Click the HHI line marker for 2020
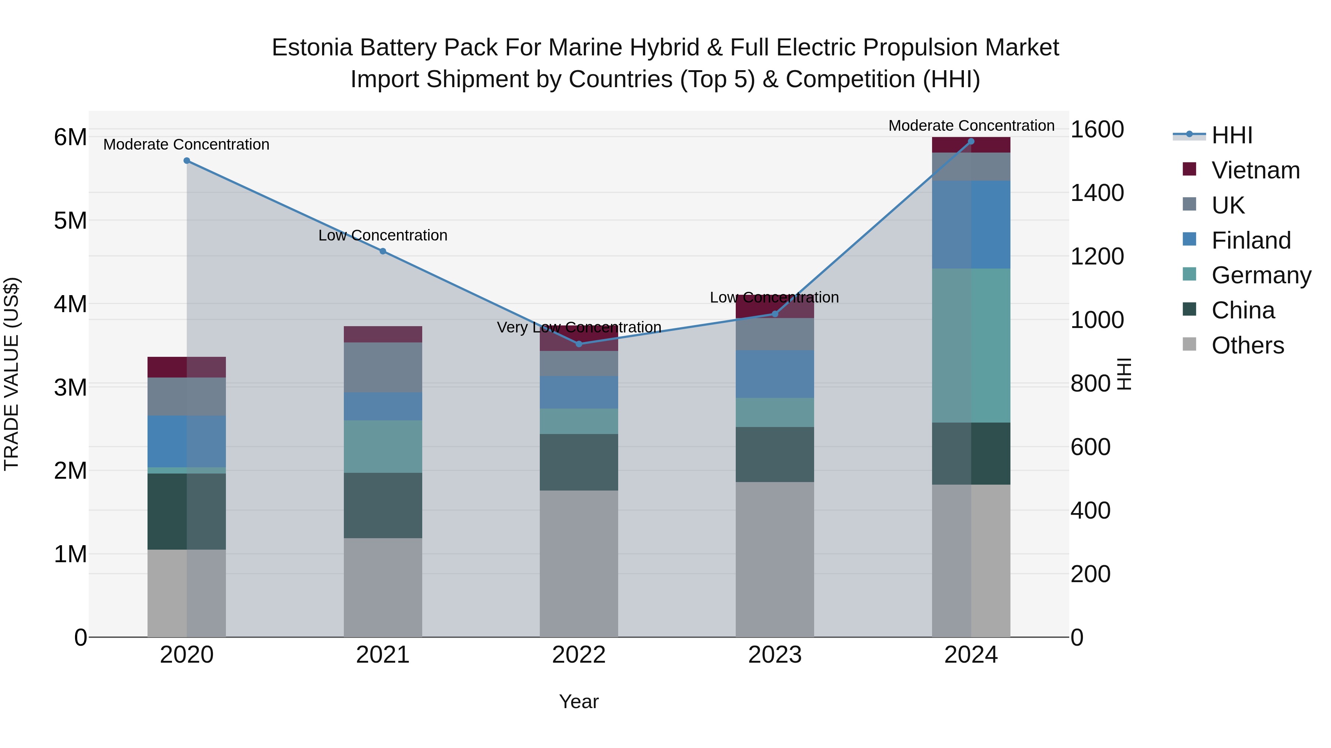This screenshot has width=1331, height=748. click(x=187, y=161)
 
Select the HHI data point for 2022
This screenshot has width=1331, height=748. click(x=579, y=344)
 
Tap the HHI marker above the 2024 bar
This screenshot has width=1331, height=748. click(x=971, y=141)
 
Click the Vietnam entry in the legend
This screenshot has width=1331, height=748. click(x=1255, y=170)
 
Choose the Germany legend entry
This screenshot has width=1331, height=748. click(x=1261, y=275)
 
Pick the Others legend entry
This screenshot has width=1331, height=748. click(x=1247, y=345)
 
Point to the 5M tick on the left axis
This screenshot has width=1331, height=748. click(x=70, y=221)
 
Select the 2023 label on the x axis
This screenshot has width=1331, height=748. click(x=775, y=655)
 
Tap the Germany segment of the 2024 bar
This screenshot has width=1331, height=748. click(x=971, y=345)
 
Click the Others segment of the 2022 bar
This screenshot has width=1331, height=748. click(x=579, y=563)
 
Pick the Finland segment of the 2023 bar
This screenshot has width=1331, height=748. click(x=775, y=374)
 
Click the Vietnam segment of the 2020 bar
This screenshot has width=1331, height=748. click(x=187, y=367)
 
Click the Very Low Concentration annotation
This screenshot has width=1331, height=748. click(x=579, y=327)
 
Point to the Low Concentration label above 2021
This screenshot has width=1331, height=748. click(x=383, y=235)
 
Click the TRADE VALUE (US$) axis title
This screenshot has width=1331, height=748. click(x=11, y=374)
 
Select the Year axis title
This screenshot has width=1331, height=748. click(x=579, y=701)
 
